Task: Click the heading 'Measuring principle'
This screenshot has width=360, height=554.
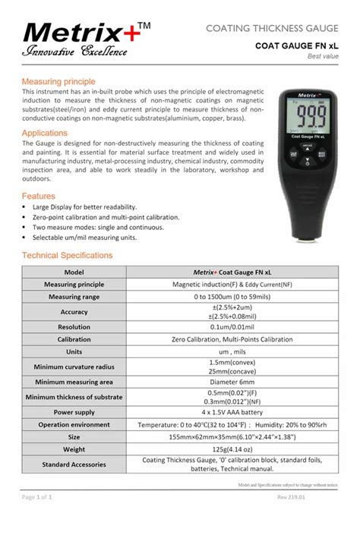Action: pos(58,81)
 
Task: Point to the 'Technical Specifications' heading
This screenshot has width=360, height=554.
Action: pos(67,255)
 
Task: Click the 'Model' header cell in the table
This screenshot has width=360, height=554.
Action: pos(74,272)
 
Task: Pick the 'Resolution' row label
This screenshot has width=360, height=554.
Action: pos(74,327)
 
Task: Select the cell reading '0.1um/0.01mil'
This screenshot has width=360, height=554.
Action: pos(233,327)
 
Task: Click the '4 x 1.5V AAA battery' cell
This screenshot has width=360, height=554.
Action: pos(233,412)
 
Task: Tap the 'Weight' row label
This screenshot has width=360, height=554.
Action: pos(74,449)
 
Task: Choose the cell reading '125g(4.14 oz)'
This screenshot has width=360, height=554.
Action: pos(233,449)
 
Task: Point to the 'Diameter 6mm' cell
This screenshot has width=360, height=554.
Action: pos(233,382)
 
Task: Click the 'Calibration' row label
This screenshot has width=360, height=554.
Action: pos(74,339)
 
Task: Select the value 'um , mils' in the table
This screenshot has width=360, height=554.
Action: pos(233,352)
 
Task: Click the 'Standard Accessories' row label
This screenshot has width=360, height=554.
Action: pos(74,464)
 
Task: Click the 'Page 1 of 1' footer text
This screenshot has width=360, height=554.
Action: pos(36,497)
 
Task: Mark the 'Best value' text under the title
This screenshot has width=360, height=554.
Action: pos(323,56)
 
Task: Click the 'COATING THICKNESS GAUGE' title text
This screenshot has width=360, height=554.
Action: pos(272,29)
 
